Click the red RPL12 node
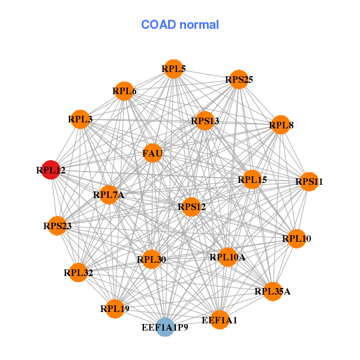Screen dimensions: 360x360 point(51,170)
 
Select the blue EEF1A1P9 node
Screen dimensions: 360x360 point(165,328)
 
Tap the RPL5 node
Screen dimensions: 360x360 point(173,69)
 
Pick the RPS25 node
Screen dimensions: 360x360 point(239,79)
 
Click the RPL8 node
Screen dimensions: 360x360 point(281,125)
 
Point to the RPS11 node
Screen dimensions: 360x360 point(308,181)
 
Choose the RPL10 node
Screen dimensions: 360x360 point(296,238)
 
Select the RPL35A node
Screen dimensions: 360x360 point(272,291)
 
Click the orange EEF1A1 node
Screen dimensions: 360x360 point(220,320)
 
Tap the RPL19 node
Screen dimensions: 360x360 point(115,309)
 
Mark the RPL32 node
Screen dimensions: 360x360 point(78,272)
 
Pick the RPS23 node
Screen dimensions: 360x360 point(57,226)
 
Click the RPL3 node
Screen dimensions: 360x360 point(80,119)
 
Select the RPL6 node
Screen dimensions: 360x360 point(124,91)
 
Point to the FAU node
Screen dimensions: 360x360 point(152,153)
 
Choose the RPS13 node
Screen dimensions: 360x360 point(205,121)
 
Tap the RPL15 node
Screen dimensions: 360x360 point(252,179)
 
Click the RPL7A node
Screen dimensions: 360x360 point(108,194)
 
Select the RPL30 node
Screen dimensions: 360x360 point(151,259)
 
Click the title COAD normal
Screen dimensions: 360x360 point(180,25)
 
